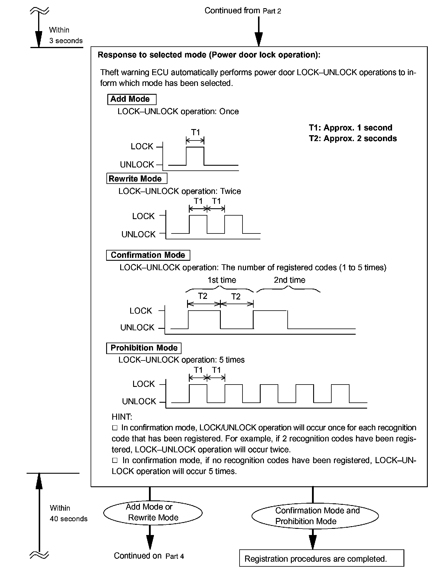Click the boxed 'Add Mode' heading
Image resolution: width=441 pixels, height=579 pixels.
tap(132, 99)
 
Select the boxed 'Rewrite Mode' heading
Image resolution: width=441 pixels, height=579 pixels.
tap(137, 179)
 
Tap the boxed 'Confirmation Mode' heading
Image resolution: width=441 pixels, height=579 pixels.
tap(148, 255)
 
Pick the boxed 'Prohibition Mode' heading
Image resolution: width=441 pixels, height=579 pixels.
tap(144, 348)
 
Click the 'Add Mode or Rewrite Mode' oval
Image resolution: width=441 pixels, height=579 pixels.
tap(153, 512)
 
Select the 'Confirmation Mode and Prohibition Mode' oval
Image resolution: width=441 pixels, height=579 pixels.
tap(315, 516)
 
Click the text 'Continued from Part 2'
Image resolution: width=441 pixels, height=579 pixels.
tap(242, 11)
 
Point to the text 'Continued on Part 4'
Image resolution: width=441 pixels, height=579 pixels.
tap(149, 556)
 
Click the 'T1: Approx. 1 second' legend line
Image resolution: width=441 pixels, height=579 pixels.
tap(350, 128)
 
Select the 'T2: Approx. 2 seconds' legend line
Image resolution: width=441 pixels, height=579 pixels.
tap(353, 138)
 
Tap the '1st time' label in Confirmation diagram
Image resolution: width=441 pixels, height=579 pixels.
tap(222, 280)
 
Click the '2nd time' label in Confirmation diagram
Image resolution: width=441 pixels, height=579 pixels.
tap(289, 280)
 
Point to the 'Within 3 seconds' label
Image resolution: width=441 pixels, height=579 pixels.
tap(66, 35)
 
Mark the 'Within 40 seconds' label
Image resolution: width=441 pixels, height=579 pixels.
tap(68, 513)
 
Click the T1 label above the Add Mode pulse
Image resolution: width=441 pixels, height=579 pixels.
tap(196, 132)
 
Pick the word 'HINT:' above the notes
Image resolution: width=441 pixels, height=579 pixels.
tap(122, 417)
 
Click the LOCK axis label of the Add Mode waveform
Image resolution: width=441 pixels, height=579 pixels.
tap(142, 146)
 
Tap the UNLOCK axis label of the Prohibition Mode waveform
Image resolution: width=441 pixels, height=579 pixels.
tap(139, 401)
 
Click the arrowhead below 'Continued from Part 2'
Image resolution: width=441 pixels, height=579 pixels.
tap(259, 40)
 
